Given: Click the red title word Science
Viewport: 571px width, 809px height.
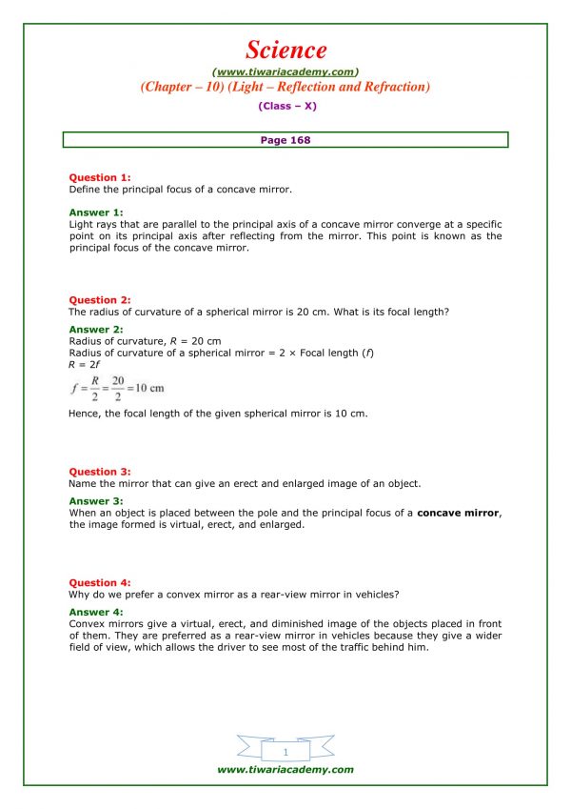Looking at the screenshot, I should [285, 50].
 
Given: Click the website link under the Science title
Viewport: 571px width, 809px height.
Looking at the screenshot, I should [285, 71].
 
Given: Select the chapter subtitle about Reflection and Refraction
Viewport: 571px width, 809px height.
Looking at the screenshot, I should [285, 87].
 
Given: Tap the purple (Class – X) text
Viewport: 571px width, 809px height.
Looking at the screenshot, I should [285, 106].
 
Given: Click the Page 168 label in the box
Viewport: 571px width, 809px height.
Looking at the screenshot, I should [285, 140].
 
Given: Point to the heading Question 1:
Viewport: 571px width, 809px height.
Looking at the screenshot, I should [100, 177].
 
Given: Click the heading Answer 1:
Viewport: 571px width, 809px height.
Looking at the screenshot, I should [96, 212].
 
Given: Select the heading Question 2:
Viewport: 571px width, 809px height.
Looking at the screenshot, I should [100, 300].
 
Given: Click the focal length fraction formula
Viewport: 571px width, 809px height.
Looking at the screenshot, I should [117, 388].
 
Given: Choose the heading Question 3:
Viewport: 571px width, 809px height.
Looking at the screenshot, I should [100, 472].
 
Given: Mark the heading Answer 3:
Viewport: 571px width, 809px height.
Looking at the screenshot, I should [96, 501].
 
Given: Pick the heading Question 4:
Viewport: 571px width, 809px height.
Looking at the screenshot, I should [100, 582].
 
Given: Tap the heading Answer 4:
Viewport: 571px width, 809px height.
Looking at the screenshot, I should [96, 612].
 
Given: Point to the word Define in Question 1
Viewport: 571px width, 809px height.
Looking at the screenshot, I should [86, 190].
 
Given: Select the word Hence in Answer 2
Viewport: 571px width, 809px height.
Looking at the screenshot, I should [87, 414].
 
